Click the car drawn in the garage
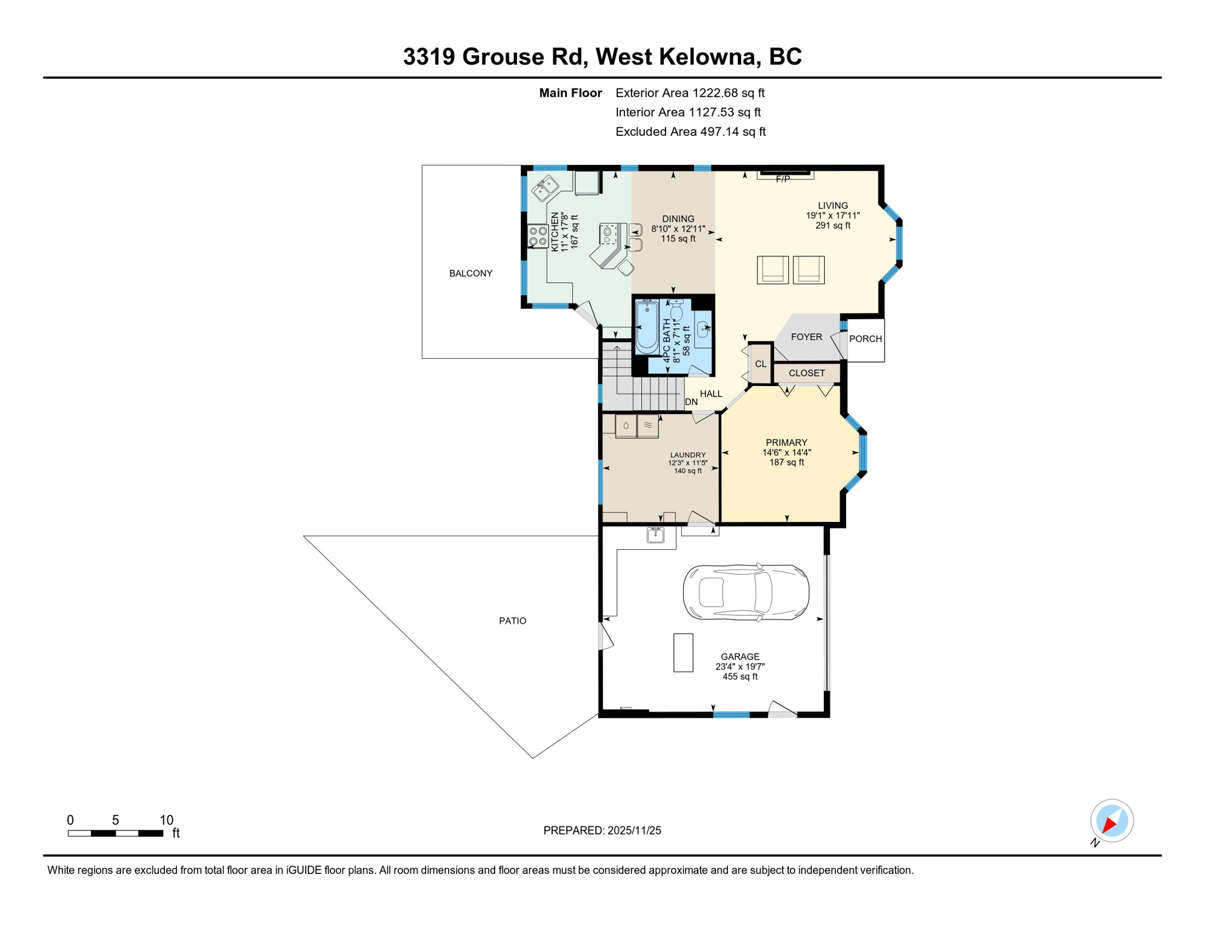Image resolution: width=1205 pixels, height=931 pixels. coord(746,592)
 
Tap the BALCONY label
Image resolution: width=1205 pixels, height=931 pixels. coord(470,273)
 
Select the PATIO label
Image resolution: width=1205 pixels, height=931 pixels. coord(512,621)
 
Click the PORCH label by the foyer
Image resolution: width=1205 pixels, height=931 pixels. coord(865,339)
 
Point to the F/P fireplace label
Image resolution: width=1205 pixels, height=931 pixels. coord(783,179)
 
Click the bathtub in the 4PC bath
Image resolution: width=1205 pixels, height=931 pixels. coord(647,327)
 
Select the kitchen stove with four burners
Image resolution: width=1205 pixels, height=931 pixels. coord(538,236)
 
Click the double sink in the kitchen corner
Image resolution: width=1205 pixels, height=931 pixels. coord(545,188)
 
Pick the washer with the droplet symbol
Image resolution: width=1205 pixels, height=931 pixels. coord(626,426)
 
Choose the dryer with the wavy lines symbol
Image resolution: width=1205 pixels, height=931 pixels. coord(648,425)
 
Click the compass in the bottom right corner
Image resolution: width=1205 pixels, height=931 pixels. coord(1112,821)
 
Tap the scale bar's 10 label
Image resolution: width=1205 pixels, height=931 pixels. coord(166,820)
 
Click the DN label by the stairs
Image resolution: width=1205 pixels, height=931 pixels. coord(691,402)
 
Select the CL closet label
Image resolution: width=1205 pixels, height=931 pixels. coord(761,364)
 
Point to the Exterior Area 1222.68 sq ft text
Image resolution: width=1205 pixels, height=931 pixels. coord(690,93)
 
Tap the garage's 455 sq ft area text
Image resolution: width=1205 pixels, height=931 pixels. coord(739,676)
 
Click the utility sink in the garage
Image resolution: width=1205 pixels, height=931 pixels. coord(655,535)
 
